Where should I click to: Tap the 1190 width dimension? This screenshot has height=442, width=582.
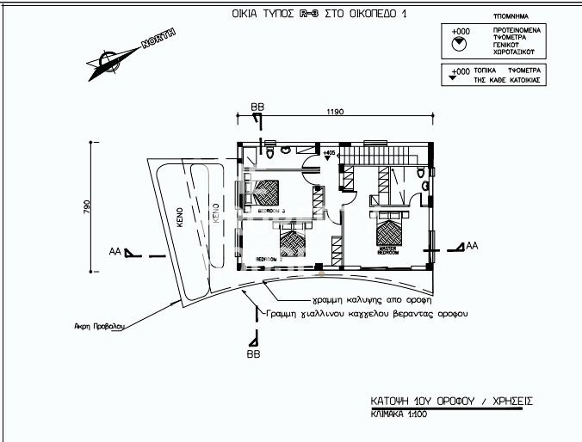click(336, 112)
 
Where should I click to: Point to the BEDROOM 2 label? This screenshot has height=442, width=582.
click(268, 258)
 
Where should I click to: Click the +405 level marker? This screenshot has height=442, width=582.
click(328, 151)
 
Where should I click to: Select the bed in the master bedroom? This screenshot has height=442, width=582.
click(391, 230)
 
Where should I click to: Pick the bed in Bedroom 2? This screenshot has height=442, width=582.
click(294, 244)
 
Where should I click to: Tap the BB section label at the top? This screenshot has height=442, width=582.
click(257, 106)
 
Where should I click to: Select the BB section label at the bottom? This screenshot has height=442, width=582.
click(254, 353)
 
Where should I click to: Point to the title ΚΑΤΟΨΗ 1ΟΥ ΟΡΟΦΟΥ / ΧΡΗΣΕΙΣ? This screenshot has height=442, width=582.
click(450, 401)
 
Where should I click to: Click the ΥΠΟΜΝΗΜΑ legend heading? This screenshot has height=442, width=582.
click(511, 16)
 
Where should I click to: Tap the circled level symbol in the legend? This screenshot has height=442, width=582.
click(459, 41)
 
